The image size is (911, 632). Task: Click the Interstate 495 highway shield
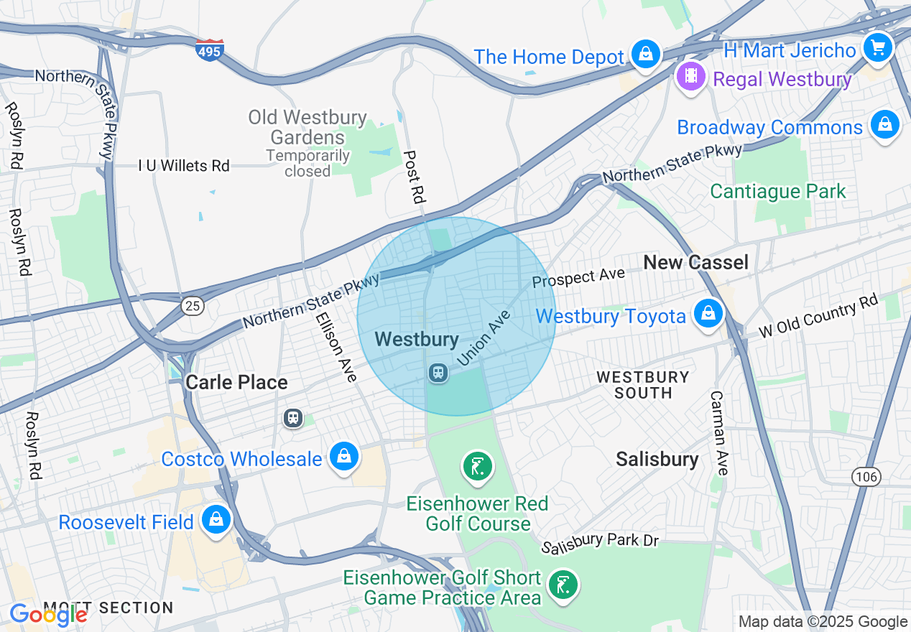(210, 50)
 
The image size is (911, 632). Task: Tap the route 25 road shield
(193, 306)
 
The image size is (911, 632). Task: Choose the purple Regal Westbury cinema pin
(690, 76)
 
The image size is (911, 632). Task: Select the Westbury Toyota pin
(708, 314)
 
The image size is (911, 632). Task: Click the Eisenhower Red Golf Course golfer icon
(478, 467)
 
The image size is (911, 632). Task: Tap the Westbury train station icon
(438, 373)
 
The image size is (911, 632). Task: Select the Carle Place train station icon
(292, 417)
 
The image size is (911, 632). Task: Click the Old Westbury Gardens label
(307, 127)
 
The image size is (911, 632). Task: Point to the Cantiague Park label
(778, 192)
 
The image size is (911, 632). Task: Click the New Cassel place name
(695, 263)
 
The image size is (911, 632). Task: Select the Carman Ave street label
(719, 432)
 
